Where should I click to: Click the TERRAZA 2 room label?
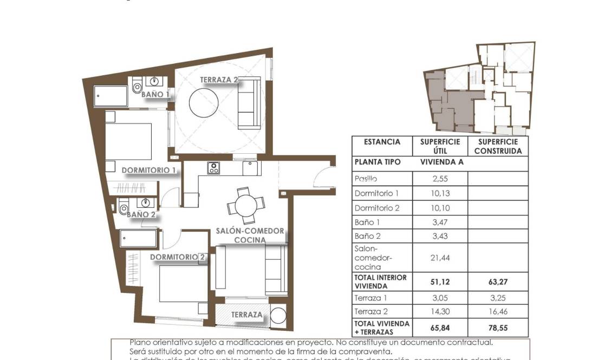219,80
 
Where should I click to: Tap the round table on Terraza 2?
204,102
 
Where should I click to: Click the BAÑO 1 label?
155,94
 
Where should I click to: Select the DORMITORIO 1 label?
149,170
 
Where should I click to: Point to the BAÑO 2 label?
141,214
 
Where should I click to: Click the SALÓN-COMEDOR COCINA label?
250,235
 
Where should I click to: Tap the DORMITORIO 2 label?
178,257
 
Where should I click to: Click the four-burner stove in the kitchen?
213,168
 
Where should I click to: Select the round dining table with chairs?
243,205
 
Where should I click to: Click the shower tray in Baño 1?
111,97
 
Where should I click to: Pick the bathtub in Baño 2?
139,238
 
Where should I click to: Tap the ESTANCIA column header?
382,142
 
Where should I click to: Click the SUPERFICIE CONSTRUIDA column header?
498,147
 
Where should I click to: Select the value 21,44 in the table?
440,258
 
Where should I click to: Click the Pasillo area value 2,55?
440,179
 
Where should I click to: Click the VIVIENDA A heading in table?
442,162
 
